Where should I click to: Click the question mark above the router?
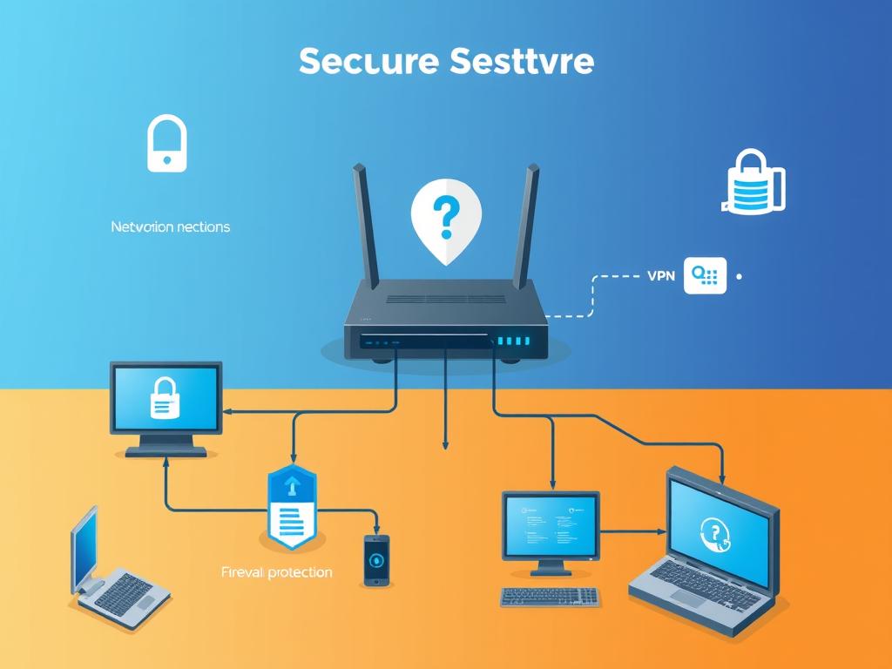445,217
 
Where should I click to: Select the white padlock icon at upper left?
166,144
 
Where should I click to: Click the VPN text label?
661,275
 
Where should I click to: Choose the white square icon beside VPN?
705,275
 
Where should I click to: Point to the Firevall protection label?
277,572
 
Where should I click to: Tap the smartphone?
376,559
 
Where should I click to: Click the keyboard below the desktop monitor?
550,597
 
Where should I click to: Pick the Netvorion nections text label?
171,226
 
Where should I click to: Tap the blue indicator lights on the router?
511,341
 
